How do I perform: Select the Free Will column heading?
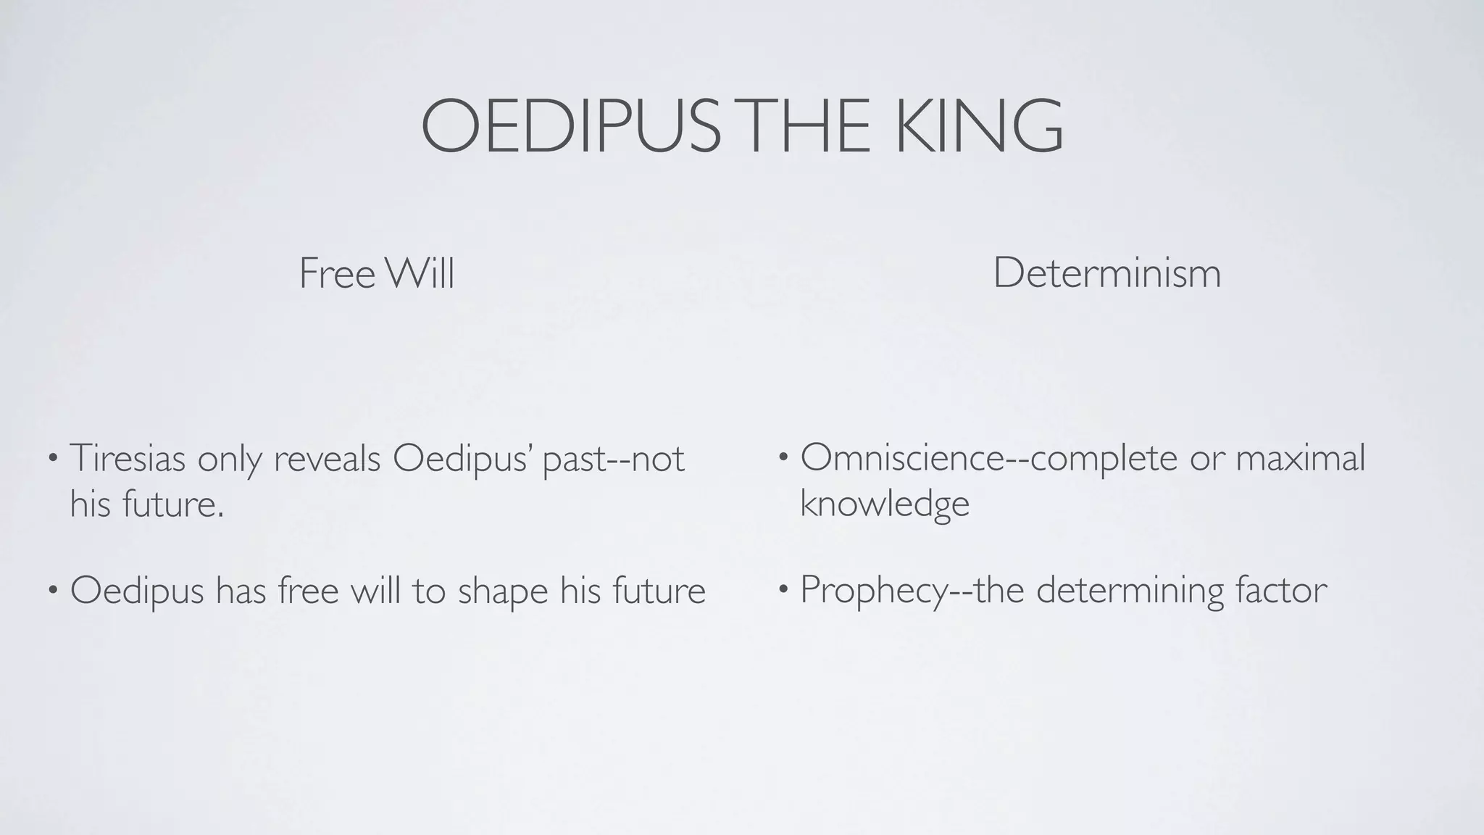(x=376, y=274)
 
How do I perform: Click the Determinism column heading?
(x=1106, y=274)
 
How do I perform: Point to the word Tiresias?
(x=128, y=458)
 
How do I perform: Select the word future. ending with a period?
(x=173, y=504)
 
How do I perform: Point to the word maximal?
(x=1300, y=458)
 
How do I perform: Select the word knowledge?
(x=884, y=504)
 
